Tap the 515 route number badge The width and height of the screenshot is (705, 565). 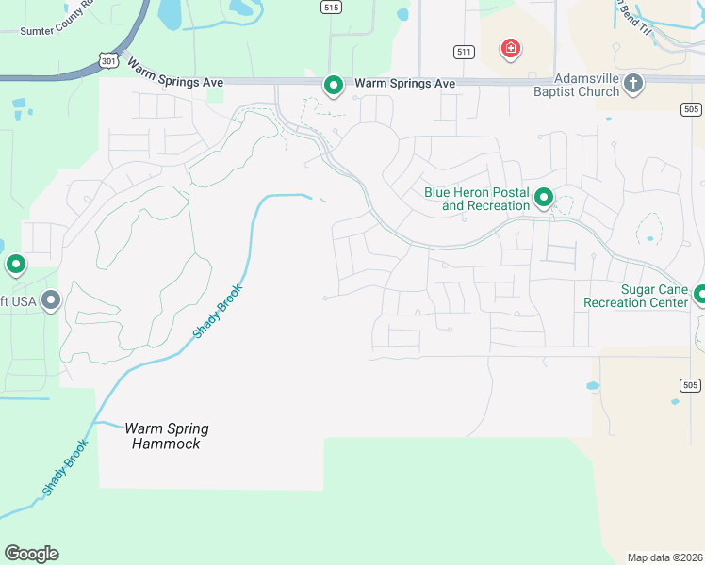tap(330, 7)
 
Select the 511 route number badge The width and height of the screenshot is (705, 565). tap(463, 52)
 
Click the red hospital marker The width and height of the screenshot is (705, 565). tap(511, 48)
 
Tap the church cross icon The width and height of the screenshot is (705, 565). tap(633, 84)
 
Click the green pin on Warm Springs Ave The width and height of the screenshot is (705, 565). tap(333, 85)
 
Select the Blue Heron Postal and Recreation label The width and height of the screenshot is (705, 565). tap(476, 199)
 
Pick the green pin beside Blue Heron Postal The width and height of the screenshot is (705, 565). tap(544, 197)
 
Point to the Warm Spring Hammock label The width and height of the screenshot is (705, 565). tap(167, 436)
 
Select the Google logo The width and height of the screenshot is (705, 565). tap(31, 554)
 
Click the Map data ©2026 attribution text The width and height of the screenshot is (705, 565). tap(664, 557)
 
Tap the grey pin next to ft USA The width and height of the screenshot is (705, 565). tap(51, 300)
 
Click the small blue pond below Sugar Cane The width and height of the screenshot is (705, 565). tap(592, 386)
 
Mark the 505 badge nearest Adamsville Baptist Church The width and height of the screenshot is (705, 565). tap(690, 109)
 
